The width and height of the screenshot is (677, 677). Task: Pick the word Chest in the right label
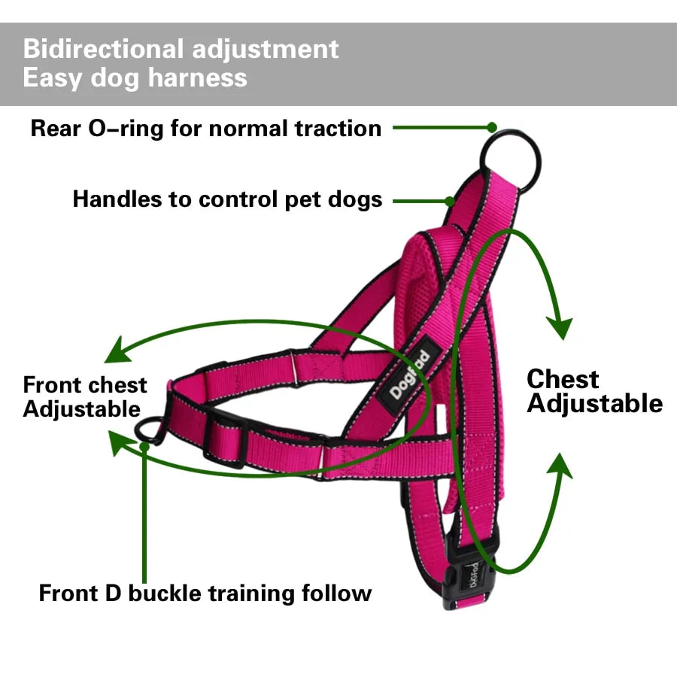coord(562,378)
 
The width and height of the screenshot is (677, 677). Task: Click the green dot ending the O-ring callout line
coord(492,128)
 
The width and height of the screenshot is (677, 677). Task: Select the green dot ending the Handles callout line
coord(450,201)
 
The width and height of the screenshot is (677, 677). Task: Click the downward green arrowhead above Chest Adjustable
coord(558,327)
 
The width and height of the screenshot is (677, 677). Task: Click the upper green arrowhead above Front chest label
coord(116,351)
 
